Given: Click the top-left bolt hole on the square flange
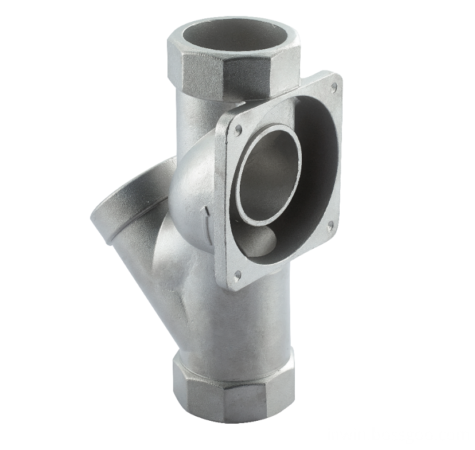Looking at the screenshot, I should pyautogui.click(x=237, y=130).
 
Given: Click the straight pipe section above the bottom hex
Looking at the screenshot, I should pyautogui.click(x=241, y=321).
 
